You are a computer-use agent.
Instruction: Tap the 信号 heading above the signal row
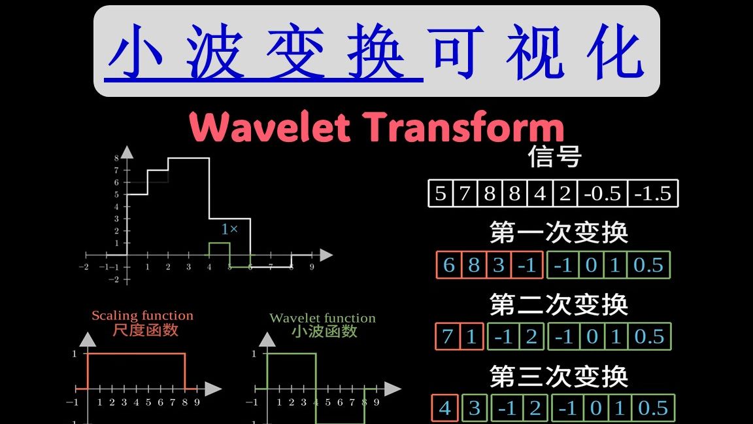point(554,158)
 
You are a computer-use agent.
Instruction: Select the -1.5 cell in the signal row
point(653,194)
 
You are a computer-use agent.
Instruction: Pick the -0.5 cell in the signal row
point(603,194)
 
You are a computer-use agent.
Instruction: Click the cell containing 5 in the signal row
point(441,194)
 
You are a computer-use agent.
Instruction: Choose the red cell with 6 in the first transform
point(448,265)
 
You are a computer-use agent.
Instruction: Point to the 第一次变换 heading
point(558,232)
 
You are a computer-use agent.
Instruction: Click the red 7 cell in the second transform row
point(447,336)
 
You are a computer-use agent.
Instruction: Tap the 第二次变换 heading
point(558,304)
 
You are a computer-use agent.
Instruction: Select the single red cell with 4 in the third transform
point(445,408)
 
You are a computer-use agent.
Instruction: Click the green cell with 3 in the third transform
point(475,408)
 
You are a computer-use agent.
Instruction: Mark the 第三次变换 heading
point(558,376)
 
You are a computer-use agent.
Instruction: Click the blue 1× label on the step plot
point(229,230)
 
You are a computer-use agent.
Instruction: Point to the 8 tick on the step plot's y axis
point(116,158)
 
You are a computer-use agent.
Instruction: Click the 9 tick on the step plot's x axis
point(312,267)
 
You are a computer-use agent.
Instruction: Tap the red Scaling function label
point(142,317)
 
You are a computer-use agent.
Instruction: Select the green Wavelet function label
point(322,319)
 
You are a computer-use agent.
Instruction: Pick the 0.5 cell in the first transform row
point(648,265)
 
